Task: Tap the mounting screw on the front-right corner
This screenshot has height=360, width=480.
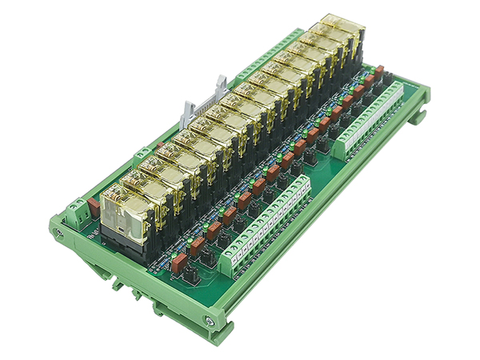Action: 210,321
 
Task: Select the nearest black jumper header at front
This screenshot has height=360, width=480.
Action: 191,276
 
